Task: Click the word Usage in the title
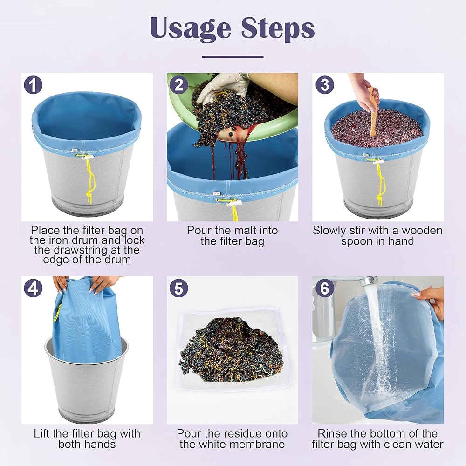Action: pyautogui.click(x=191, y=29)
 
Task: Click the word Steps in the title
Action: pyautogui.click(x=278, y=29)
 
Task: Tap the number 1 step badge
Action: pyautogui.click(x=33, y=85)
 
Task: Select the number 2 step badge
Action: pyautogui.click(x=179, y=85)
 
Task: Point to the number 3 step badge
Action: pyautogui.click(x=324, y=85)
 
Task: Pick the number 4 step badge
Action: pyautogui.click(x=33, y=288)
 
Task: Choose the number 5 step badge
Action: pyautogui.click(x=179, y=288)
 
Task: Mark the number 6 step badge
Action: pyautogui.click(x=324, y=288)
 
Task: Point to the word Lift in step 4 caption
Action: pyautogui.click(x=41, y=433)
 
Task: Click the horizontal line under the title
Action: pyautogui.click(x=233, y=56)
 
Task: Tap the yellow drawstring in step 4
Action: pyautogui.click(x=57, y=312)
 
